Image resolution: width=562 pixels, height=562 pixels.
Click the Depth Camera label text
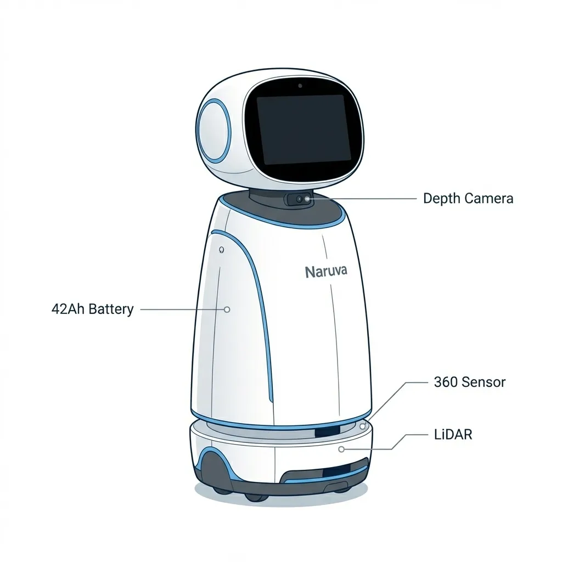(x=468, y=199)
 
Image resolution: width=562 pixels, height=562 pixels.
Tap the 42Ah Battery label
(x=92, y=309)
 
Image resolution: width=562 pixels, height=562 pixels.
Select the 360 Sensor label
(x=469, y=382)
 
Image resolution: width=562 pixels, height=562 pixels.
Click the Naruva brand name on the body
(x=326, y=271)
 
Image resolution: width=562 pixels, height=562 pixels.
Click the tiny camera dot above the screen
(x=300, y=86)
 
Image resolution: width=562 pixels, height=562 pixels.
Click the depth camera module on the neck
(x=300, y=200)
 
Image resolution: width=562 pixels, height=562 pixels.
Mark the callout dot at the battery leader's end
(x=227, y=310)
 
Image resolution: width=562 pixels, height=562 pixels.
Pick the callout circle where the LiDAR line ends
(x=341, y=449)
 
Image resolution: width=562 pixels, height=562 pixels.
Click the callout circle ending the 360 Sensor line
(x=362, y=426)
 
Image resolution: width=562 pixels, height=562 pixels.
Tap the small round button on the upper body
(x=221, y=250)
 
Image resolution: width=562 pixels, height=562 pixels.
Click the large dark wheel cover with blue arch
(x=215, y=473)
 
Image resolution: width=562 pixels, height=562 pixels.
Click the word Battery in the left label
(x=111, y=309)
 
